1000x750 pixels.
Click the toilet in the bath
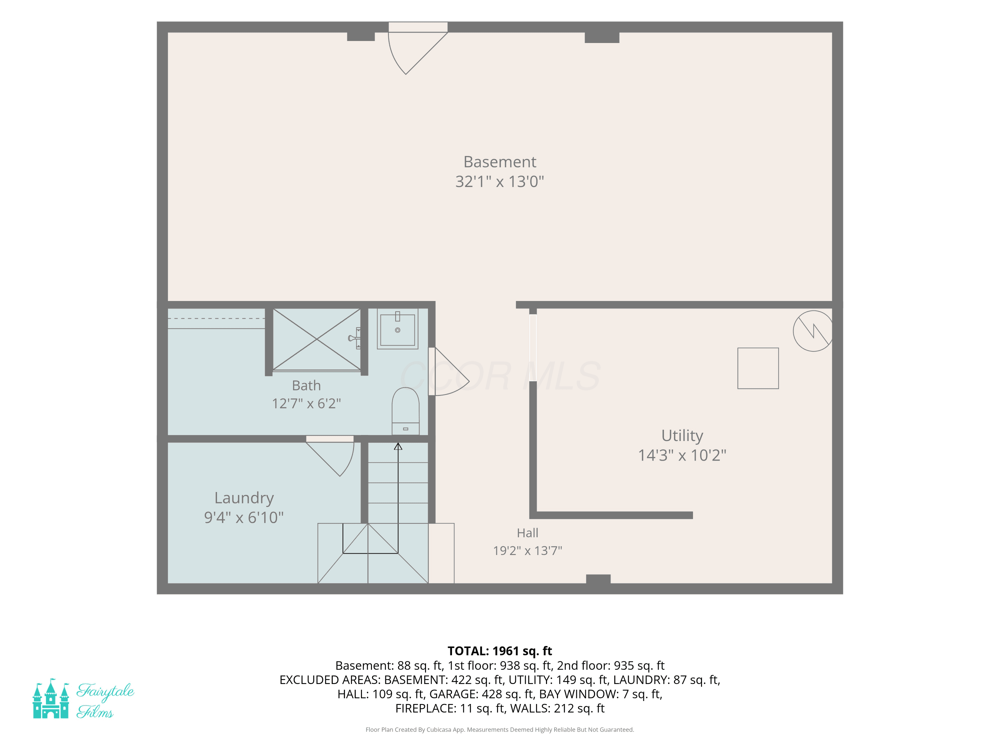tap(406, 411)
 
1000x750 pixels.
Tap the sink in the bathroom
tap(397, 329)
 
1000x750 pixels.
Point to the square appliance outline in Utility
tap(758, 368)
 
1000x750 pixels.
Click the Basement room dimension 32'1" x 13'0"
tap(500, 181)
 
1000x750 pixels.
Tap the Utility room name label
tap(682, 435)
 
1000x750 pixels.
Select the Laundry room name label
tap(244, 498)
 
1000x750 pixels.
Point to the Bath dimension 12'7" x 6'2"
tap(307, 403)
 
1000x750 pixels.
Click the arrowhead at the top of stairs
tap(398, 446)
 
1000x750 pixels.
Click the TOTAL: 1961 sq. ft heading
tap(500, 651)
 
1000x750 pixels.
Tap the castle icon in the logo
tap(51, 698)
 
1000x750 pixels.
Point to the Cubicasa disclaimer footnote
tap(500, 729)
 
